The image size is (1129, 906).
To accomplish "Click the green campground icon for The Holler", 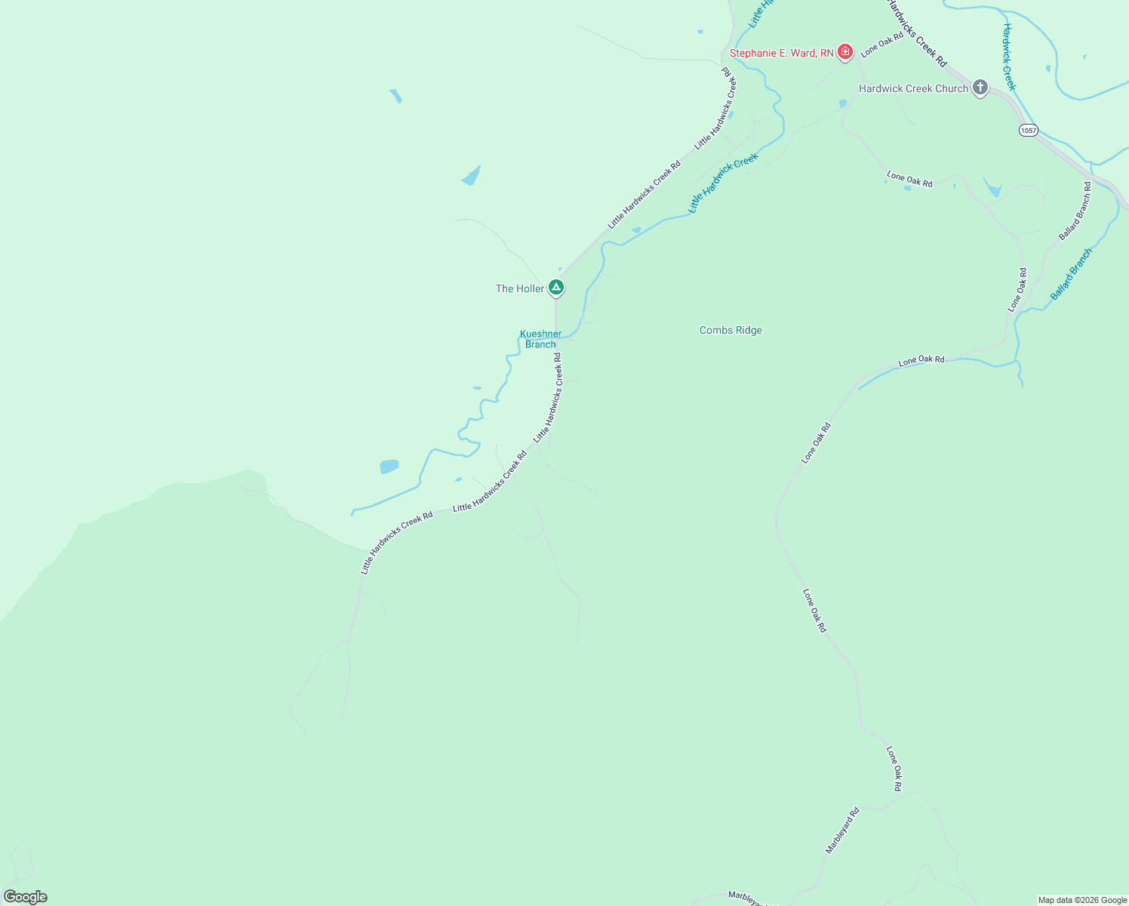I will [555, 288].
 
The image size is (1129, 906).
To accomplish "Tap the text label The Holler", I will [519, 288].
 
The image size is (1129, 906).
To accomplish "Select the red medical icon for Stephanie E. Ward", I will [846, 52].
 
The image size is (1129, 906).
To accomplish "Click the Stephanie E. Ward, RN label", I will [781, 53].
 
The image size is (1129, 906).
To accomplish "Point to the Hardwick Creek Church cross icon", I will [980, 88].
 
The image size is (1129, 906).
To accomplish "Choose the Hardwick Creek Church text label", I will [913, 88].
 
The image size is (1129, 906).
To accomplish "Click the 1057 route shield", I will [1028, 131].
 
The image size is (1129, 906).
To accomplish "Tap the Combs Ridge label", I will [731, 330].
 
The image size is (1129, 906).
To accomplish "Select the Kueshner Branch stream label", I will [540, 339].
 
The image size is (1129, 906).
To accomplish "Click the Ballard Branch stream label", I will [1071, 274].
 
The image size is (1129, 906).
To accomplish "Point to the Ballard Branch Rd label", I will [1075, 211].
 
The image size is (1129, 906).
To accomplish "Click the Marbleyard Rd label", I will [842, 830].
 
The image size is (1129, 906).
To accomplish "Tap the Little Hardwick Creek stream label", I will [722, 183].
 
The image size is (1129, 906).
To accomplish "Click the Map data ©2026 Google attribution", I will [1082, 900].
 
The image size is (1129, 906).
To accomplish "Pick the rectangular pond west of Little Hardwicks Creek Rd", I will [389, 467].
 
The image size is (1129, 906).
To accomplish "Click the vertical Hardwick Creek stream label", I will [1009, 57].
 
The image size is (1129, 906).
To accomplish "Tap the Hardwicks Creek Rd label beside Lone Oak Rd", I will [916, 35].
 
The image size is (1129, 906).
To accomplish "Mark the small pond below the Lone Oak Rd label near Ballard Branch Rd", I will [992, 188].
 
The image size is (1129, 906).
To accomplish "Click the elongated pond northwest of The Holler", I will [471, 177].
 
